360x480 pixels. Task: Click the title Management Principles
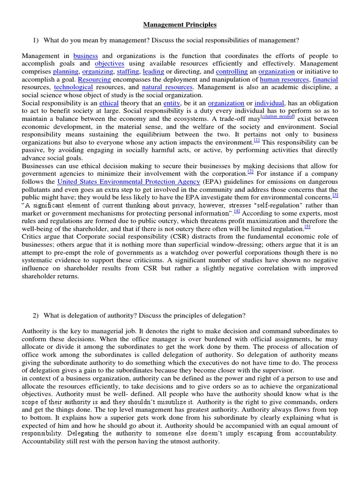(180, 25)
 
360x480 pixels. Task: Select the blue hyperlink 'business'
(85, 56)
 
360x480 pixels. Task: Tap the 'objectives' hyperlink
(109, 64)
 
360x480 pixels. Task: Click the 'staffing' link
(127, 72)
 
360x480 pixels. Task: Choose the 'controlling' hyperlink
(232, 72)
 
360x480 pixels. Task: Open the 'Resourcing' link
(94, 80)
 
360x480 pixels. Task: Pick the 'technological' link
(74, 87)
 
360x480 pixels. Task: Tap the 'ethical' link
(109, 103)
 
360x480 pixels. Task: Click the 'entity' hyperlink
(172, 103)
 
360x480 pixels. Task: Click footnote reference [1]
(256, 140)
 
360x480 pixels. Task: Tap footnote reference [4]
(237, 211)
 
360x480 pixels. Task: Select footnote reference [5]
(307, 226)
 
